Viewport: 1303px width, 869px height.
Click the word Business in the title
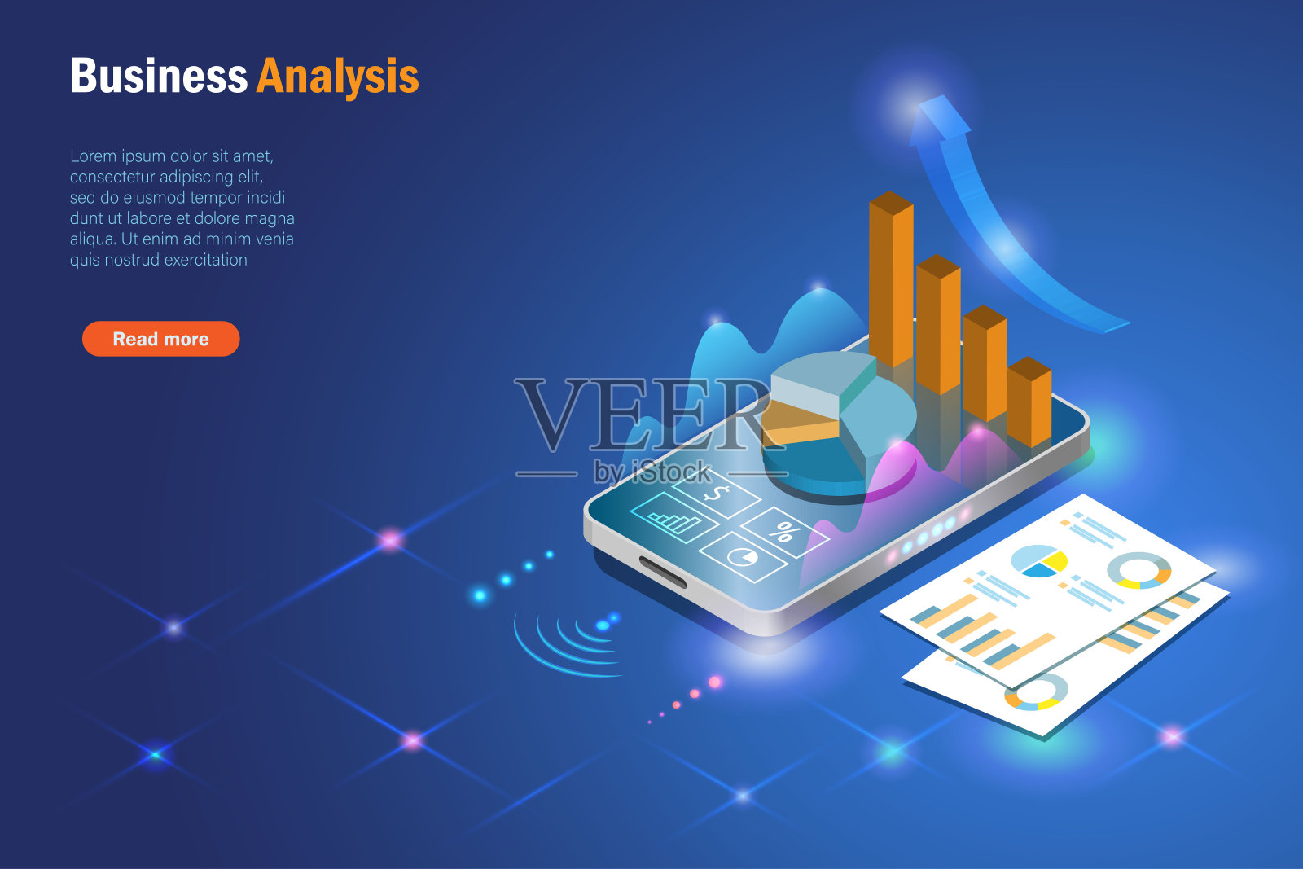click(x=159, y=76)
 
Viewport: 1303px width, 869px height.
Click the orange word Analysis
click(x=337, y=77)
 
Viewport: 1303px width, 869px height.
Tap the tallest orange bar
click(x=891, y=279)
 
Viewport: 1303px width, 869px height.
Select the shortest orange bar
click(x=1029, y=402)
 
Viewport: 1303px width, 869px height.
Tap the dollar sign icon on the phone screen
click(x=717, y=494)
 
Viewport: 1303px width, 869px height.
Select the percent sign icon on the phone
click(x=784, y=531)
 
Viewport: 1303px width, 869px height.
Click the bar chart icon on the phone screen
click(x=675, y=518)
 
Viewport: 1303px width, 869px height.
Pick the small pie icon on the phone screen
click(x=743, y=557)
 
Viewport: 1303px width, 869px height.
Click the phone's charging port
click(x=663, y=572)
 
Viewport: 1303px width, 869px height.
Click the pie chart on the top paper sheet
click(x=1039, y=560)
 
